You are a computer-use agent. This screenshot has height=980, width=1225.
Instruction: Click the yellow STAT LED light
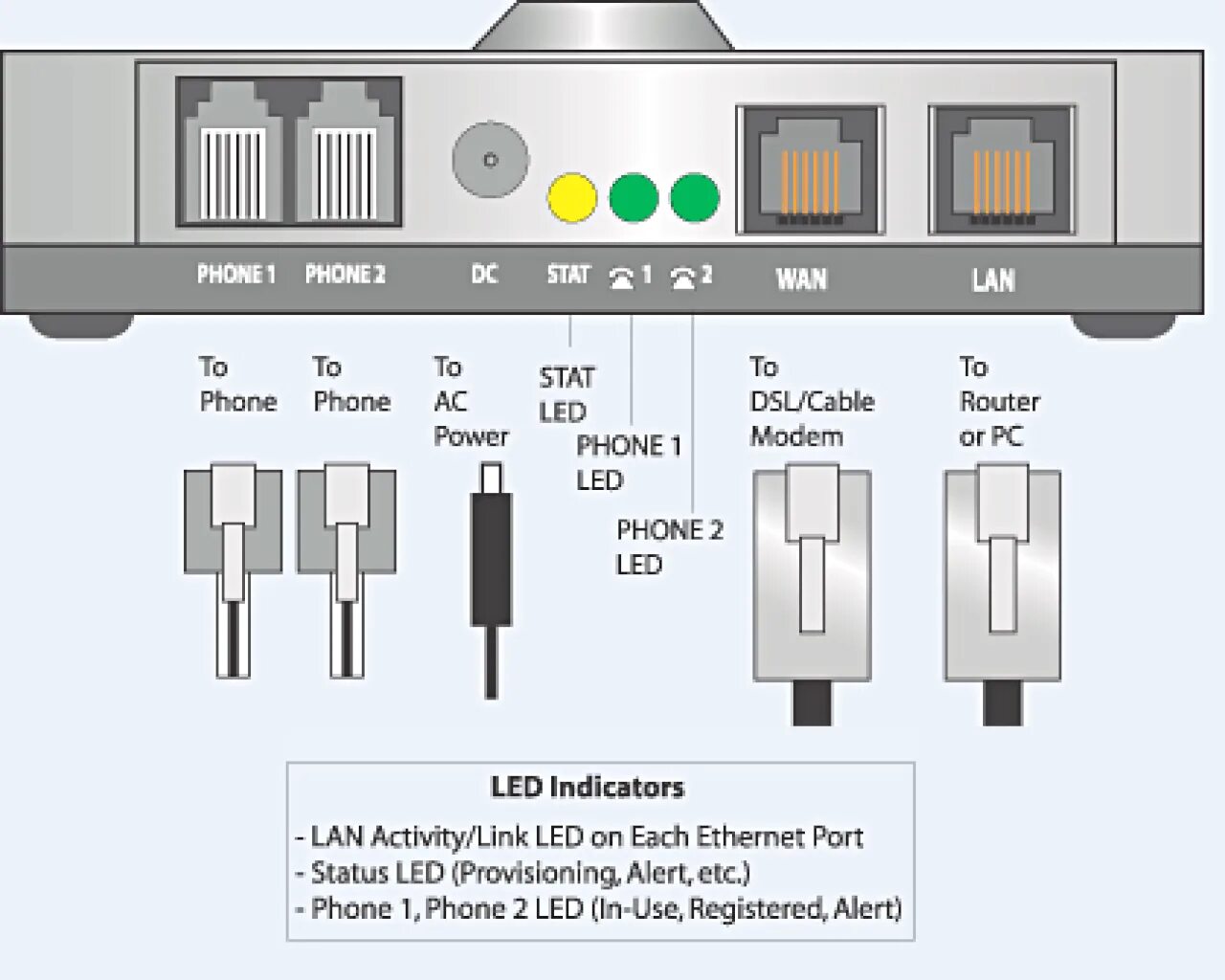click(572, 198)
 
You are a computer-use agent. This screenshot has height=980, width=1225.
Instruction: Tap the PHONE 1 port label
click(235, 275)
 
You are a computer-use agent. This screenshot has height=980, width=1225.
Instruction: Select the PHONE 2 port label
click(345, 275)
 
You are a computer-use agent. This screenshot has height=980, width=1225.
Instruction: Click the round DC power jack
click(490, 159)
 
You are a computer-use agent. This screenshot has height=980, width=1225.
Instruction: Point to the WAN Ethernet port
click(810, 170)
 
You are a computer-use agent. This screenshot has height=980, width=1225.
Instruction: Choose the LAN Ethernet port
click(1002, 170)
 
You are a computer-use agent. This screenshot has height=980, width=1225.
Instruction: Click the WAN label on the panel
click(801, 278)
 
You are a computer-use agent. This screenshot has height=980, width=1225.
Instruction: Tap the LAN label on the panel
click(992, 279)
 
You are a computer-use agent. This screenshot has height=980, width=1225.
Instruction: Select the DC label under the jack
click(484, 275)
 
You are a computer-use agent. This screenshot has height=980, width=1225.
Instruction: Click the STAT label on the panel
click(568, 275)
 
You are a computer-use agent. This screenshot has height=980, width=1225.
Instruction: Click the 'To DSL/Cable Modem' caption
click(811, 402)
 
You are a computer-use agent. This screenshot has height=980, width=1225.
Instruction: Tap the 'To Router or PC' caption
click(998, 402)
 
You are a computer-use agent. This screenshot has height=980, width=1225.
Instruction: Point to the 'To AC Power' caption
click(470, 402)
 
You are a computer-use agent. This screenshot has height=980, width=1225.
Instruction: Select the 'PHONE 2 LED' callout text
click(669, 546)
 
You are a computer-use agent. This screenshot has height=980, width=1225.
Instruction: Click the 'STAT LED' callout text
click(566, 394)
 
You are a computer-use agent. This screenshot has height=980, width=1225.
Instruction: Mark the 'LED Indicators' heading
click(588, 788)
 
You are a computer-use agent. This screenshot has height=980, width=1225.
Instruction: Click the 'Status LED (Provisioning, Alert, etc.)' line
click(530, 873)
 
